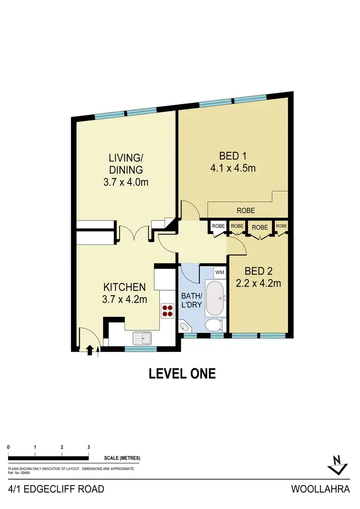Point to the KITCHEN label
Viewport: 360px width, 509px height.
(x=124, y=287)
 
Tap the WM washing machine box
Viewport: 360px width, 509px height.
(x=219, y=272)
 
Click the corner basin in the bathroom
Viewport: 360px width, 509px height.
(x=184, y=327)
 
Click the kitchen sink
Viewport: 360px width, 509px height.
(x=143, y=338)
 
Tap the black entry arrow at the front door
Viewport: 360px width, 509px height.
(x=90, y=350)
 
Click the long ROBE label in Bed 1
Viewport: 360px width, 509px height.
(x=245, y=210)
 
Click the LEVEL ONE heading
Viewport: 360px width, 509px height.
(x=182, y=373)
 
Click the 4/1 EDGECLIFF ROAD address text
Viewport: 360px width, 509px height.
(x=57, y=489)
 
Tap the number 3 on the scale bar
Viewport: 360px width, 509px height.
(x=89, y=447)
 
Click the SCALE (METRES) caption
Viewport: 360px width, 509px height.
(x=122, y=458)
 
